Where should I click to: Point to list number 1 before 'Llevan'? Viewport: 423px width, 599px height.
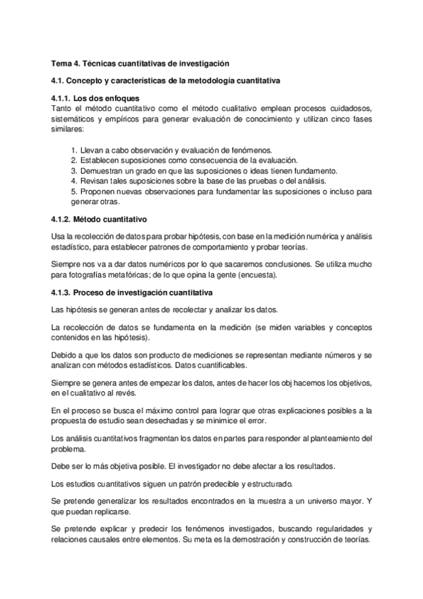point(74,150)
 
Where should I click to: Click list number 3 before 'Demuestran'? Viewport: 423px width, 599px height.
point(74,171)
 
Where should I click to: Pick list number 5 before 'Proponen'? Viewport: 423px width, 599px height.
point(74,191)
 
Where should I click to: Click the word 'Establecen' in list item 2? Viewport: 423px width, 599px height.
point(102,161)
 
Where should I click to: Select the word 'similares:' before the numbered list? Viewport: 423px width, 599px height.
point(68,131)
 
